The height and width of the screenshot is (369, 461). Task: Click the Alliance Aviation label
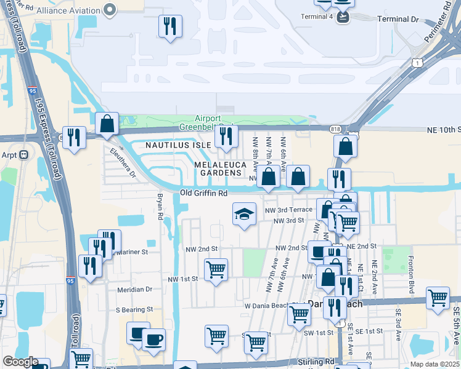68,10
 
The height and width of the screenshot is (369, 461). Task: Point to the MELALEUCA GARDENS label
220,169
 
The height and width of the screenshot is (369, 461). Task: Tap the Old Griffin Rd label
204,193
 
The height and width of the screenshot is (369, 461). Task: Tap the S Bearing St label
133,309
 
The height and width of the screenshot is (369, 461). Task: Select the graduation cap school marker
244,215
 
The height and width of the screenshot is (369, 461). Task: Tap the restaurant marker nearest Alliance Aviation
169,26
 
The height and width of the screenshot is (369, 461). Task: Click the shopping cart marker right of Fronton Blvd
438,298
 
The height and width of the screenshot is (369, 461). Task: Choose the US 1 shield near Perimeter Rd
418,63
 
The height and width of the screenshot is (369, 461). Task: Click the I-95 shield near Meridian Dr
70,280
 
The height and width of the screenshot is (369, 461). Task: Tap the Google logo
20,362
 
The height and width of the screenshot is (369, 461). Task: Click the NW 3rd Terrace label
289,210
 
